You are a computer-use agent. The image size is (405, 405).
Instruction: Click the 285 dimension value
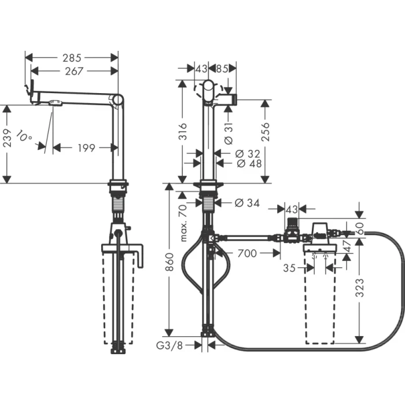pyautogui.click(x=72, y=57)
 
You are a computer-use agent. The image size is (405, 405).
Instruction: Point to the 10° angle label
pyautogui.click(x=24, y=137)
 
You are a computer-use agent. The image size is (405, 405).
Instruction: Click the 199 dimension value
pyautogui.click(x=86, y=149)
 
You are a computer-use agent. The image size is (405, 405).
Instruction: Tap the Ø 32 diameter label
pyautogui.click(x=249, y=153)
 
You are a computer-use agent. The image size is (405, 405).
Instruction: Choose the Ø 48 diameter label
pyautogui.click(x=249, y=164)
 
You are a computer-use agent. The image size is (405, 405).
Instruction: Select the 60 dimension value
pyautogui.click(x=360, y=229)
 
